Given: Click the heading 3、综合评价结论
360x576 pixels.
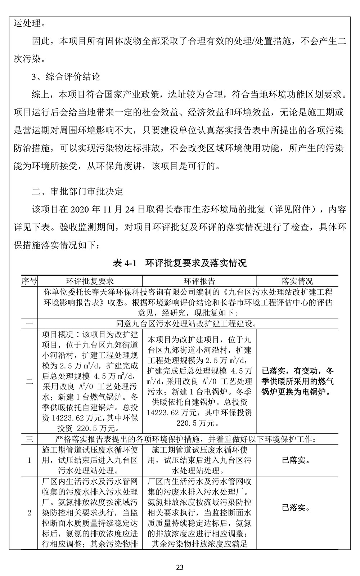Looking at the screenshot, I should tap(66, 77).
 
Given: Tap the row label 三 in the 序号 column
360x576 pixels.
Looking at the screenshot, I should tap(29, 439).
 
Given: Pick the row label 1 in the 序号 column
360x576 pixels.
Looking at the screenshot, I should tap(29, 460).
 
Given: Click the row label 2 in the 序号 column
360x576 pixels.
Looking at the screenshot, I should tap(29, 513).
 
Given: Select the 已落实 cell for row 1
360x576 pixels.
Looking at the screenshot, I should tap(297, 460).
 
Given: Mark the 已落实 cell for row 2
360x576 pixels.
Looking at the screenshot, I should tap(297, 508).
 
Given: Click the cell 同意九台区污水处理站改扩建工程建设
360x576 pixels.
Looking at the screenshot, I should tap(187, 323).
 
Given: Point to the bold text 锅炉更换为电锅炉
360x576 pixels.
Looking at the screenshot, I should tap(297, 392).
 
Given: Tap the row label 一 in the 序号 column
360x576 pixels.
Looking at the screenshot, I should tap(29, 323).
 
